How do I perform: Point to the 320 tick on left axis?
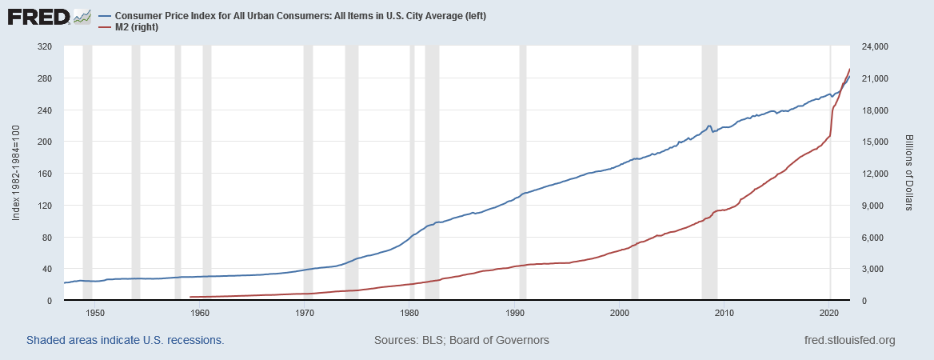tap(45, 46)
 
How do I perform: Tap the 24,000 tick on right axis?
tap(879, 46)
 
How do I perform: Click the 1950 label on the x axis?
tap(95, 311)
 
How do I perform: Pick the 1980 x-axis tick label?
tap(410, 311)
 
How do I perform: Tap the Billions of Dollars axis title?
tap(909, 173)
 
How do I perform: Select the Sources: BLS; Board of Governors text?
tap(461, 340)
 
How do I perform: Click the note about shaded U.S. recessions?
tap(125, 340)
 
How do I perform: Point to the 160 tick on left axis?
tap(45, 174)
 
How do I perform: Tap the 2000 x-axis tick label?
tap(621, 311)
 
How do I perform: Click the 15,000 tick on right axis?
tap(879, 142)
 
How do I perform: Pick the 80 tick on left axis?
tap(47, 238)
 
